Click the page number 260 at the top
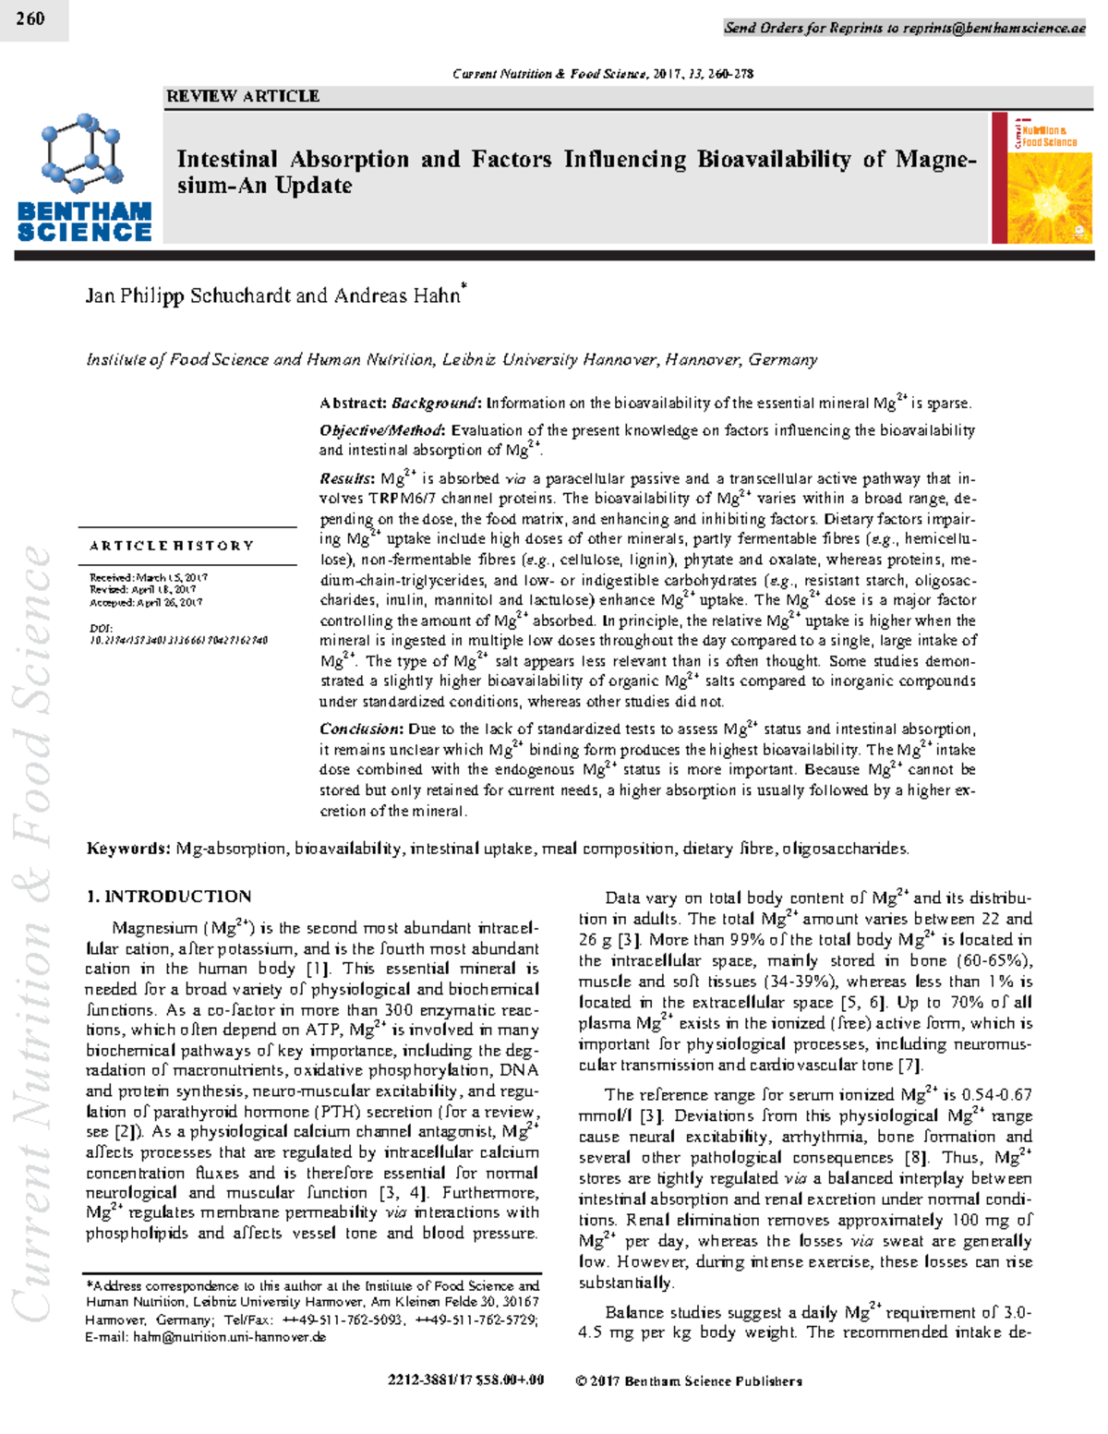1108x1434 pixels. point(30,18)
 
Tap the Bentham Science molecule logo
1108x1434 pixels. point(82,153)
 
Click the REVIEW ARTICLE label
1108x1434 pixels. point(243,96)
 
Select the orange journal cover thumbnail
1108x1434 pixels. point(1042,178)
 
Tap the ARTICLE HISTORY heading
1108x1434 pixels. point(172,546)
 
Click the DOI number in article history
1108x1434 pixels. point(179,640)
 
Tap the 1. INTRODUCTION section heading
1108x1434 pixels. point(169,897)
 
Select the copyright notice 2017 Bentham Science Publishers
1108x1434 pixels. point(689,1381)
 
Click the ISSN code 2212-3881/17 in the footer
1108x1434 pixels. point(430,1381)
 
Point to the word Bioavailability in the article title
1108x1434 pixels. point(774,160)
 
